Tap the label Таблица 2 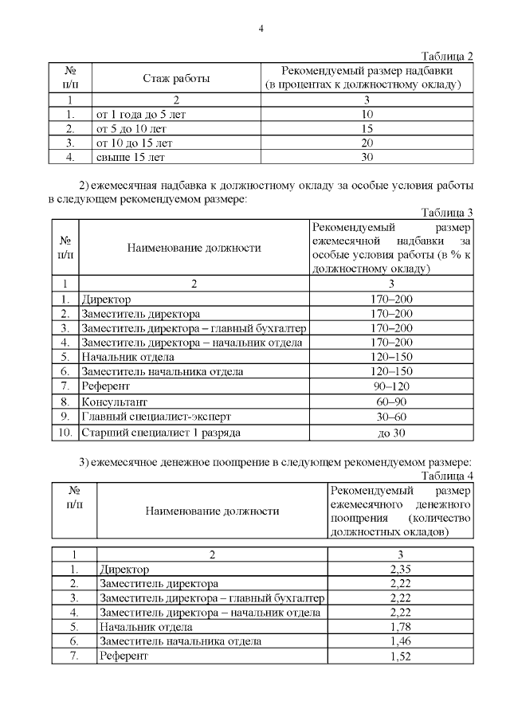[447, 56]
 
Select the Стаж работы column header [176, 78]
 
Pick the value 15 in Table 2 [367, 129]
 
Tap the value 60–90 [391, 402]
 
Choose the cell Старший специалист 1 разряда [159, 433]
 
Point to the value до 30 [391, 433]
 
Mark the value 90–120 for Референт [391, 386]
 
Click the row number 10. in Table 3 [65, 433]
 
